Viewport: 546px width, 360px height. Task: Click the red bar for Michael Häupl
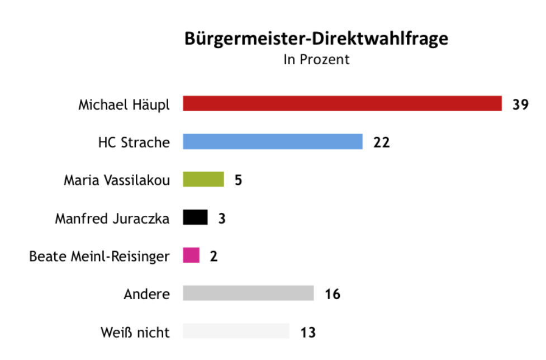(342, 104)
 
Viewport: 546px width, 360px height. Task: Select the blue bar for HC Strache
(273, 142)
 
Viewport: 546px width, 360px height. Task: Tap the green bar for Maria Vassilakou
(203, 179)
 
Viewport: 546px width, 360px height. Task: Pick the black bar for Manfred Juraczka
(195, 217)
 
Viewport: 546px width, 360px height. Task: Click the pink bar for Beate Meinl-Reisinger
(191, 255)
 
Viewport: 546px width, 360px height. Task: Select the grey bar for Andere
(248, 293)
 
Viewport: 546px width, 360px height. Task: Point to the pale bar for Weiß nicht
(236, 331)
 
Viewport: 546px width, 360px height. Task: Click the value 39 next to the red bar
(520, 105)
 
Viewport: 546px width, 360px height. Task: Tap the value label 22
(381, 143)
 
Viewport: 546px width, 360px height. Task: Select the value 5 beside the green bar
(238, 180)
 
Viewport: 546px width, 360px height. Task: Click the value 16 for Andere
(333, 294)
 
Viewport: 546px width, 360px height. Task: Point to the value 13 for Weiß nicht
(308, 332)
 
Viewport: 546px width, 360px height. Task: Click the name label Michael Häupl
(124, 105)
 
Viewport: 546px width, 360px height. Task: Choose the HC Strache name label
(134, 143)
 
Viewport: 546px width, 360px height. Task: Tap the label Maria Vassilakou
(116, 180)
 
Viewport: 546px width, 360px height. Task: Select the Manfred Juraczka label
(112, 218)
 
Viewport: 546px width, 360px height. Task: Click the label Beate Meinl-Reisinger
(99, 256)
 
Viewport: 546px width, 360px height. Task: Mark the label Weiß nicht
(135, 332)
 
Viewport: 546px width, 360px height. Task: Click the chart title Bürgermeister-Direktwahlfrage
(316, 39)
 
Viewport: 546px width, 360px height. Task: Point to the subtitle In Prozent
(316, 59)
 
